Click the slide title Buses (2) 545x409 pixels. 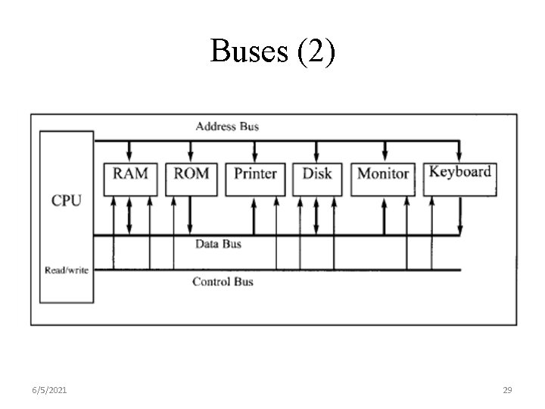click(x=272, y=52)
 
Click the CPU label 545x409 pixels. click(x=67, y=201)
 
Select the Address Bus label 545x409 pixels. click(x=227, y=126)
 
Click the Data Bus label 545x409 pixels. click(x=218, y=244)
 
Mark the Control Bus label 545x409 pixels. click(x=223, y=282)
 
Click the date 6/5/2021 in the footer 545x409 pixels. click(x=49, y=390)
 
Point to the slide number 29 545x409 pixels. click(x=508, y=390)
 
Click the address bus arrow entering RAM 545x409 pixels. click(x=130, y=150)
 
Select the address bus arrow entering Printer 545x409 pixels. click(x=255, y=150)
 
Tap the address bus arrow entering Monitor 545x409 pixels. click(x=384, y=150)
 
